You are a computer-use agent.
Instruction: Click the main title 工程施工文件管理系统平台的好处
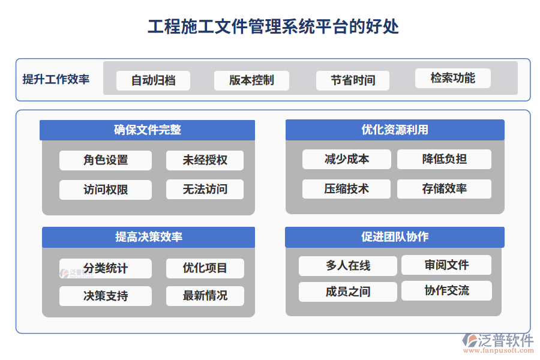click(x=273, y=27)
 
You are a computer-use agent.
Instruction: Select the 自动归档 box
click(x=153, y=80)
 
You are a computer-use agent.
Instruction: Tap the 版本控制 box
click(x=251, y=80)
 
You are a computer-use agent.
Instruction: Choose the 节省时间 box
click(x=353, y=80)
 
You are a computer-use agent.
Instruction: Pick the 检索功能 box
click(x=452, y=79)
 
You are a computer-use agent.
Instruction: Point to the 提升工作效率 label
click(x=56, y=79)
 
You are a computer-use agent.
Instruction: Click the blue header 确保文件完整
click(x=148, y=130)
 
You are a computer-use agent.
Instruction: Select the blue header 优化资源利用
click(x=394, y=130)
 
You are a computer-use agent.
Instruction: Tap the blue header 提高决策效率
click(x=148, y=237)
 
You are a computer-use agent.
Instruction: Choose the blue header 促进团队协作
click(x=394, y=237)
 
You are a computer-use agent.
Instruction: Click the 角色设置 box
click(x=106, y=160)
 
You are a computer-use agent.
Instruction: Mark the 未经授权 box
click(x=205, y=160)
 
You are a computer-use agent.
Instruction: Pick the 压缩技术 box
click(x=346, y=189)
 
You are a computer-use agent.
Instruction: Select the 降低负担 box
click(x=444, y=159)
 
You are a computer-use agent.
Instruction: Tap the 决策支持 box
click(x=106, y=296)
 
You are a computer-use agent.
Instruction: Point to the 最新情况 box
click(x=205, y=296)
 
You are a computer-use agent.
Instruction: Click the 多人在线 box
click(x=348, y=266)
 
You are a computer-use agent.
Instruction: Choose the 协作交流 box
click(x=446, y=291)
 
